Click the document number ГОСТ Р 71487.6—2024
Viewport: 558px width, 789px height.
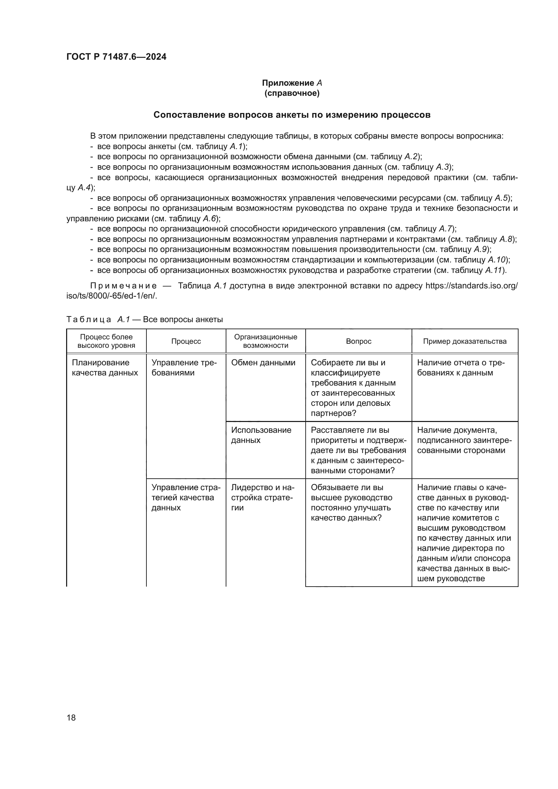(116, 57)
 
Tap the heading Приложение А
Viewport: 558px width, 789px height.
(292, 83)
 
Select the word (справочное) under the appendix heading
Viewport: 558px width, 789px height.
(292, 93)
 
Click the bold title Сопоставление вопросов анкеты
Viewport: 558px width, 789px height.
(292, 115)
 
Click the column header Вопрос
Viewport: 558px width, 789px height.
(358, 341)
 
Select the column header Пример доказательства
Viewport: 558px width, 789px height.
(465, 341)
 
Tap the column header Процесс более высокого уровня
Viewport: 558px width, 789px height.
(106, 341)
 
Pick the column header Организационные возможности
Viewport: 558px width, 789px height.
(265, 341)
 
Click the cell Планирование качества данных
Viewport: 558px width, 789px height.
(105, 368)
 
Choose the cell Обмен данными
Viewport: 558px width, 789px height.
(263, 363)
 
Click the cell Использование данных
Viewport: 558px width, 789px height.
(261, 435)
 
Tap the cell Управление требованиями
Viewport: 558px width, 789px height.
(184, 368)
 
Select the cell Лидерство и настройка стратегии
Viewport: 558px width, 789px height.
(262, 497)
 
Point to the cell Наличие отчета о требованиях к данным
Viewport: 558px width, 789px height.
(461, 368)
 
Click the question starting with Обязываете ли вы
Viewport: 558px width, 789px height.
(351, 502)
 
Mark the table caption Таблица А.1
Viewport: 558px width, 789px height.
(98, 319)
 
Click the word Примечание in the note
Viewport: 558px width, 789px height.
(123, 286)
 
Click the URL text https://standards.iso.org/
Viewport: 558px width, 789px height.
(471, 286)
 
